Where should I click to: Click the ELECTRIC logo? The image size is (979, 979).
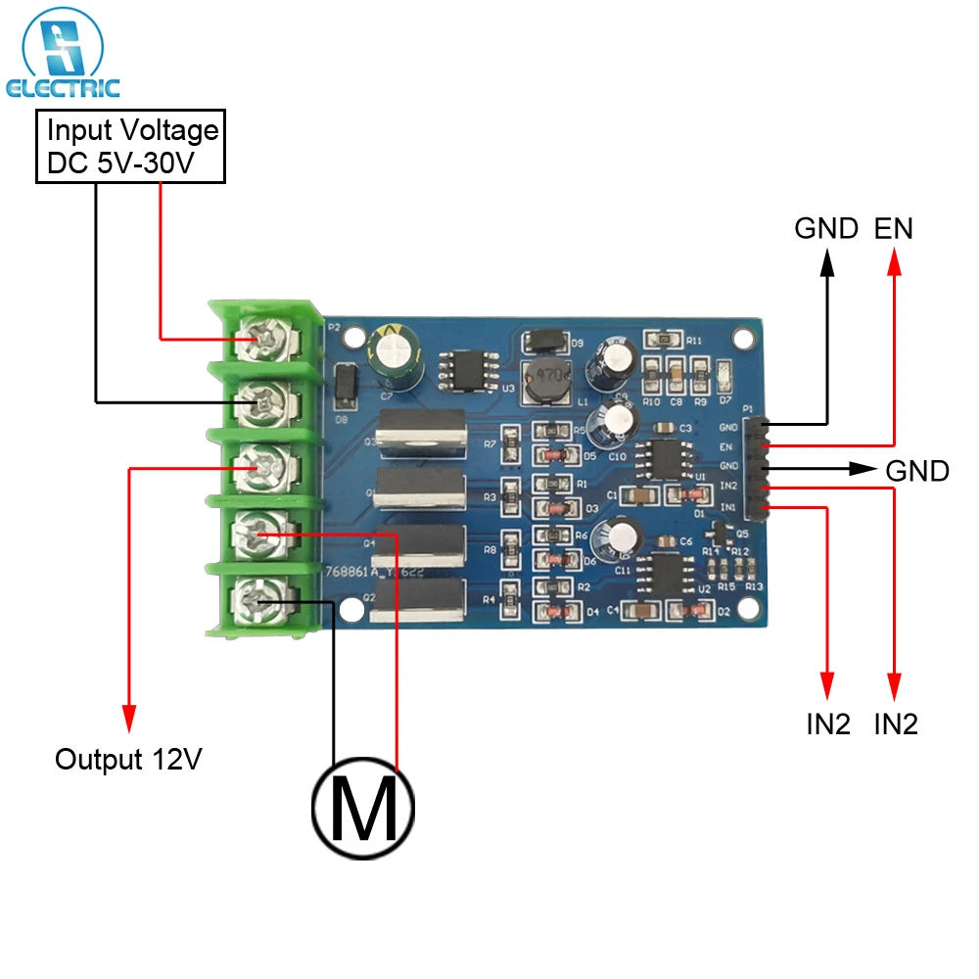pos(63,54)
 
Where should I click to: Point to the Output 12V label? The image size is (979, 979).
pos(128,760)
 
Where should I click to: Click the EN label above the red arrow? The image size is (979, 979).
pos(893,229)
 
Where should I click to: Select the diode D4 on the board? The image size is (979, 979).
pos(553,612)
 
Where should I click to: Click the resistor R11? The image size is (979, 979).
pos(664,340)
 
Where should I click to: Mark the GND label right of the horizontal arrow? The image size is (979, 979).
pos(917,471)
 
